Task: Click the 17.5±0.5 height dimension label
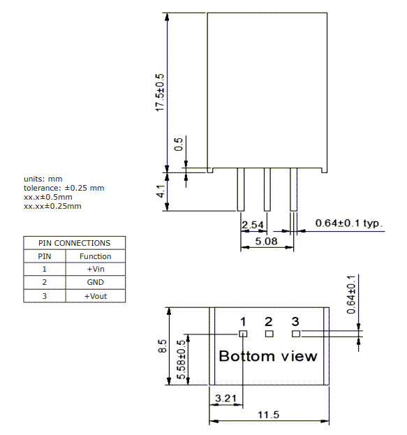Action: point(160,91)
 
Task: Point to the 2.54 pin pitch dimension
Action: point(253,225)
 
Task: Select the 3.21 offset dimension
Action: point(225,398)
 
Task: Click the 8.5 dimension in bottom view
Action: point(163,346)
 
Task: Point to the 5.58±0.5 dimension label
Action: point(181,360)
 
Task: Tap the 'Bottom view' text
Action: point(268,356)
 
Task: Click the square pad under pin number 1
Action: point(243,334)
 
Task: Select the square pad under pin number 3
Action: point(295,334)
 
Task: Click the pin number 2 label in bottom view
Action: point(269,321)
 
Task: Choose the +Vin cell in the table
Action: point(95,269)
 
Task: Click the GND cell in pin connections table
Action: point(95,282)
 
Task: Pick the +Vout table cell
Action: point(95,295)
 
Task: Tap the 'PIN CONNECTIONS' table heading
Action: point(75,243)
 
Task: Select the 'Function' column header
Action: point(95,256)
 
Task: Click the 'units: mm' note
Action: point(43,179)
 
